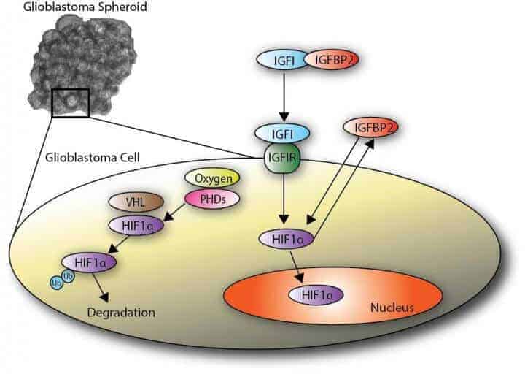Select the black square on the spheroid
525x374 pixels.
pos(71,102)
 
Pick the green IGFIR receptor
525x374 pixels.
pos(284,157)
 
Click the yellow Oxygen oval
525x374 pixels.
pos(212,178)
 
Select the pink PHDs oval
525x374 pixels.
pos(212,198)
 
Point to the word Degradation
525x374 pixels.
pos(120,313)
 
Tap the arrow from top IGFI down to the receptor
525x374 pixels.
pos(284,95)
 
